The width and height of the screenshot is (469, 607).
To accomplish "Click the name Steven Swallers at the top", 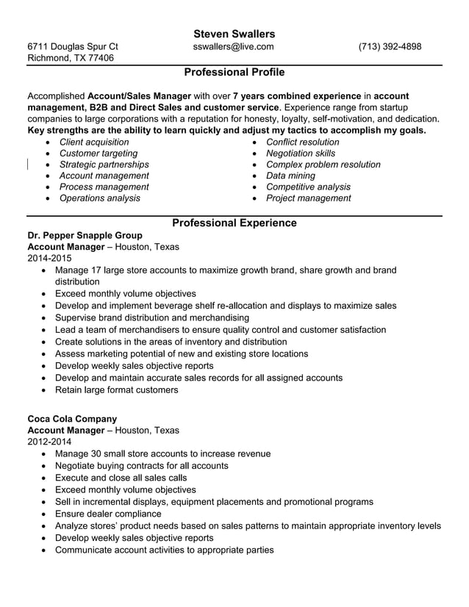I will pos(234,34).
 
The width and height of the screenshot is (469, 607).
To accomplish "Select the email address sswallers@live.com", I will pos(233,47).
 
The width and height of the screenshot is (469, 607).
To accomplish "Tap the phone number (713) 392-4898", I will pos(390,47).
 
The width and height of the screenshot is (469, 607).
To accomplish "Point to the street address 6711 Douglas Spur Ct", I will pos(72,47).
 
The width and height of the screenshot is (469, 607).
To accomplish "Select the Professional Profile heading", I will pos(234,73).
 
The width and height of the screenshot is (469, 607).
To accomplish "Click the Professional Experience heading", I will pos(234,223).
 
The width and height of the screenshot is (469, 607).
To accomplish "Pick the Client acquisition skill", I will pos(93,142).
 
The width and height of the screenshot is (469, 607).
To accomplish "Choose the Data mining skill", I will pos(290,176).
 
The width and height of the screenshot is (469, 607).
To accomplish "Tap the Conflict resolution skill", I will pos(302,142).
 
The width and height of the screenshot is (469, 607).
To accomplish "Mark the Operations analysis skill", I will pos(99,198).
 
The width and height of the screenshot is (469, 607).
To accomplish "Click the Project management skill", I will pos(308,198).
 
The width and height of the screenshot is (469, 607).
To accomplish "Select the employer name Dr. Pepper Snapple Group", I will pos(85,235).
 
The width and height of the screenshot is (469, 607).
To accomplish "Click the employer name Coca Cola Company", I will pos(72,419).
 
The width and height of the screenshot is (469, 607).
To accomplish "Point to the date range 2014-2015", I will pos(49,259).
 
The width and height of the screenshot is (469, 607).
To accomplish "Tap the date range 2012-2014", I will pos(49,442).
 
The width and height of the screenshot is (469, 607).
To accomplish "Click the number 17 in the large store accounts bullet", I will pos(96,270).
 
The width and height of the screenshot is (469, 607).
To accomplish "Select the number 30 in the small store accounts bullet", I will pos(96,454).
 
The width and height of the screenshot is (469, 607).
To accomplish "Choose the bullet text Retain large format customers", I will pos(116,389).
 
